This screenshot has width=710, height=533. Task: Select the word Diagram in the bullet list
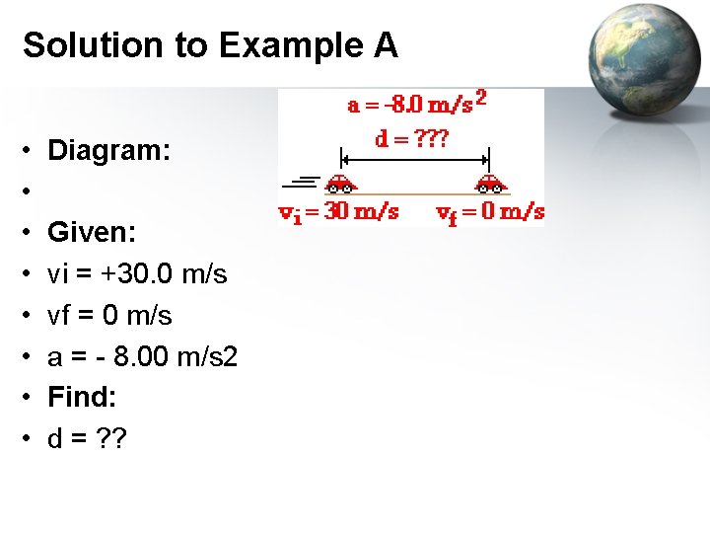(x=108, y=150)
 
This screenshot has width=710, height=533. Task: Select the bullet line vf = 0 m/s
(x=109, y=315)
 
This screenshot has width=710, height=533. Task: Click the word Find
(x=82, y=397)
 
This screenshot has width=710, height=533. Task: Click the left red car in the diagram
(x=340, y=183)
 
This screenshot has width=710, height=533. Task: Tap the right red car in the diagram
(x=490, y=183)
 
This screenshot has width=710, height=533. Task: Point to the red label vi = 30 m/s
(x=338, y=211)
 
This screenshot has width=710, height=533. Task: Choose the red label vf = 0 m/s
(x=490, y=211)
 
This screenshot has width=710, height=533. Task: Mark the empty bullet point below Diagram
(x=31, y=191)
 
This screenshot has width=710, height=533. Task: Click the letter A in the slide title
(x=386, y=45)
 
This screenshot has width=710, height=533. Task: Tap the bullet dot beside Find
(x=31, y=398)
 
